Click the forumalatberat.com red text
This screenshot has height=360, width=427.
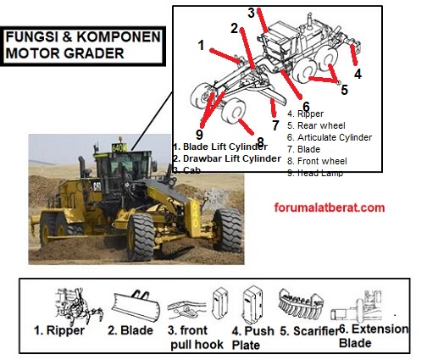[330, 207]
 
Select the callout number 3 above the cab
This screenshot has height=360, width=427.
[252, 13]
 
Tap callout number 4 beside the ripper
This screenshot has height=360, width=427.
[358, 74]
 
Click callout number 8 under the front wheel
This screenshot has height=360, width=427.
[261, 141]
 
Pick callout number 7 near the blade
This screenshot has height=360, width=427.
[276, 125]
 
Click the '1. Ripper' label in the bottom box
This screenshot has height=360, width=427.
[59, 330]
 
